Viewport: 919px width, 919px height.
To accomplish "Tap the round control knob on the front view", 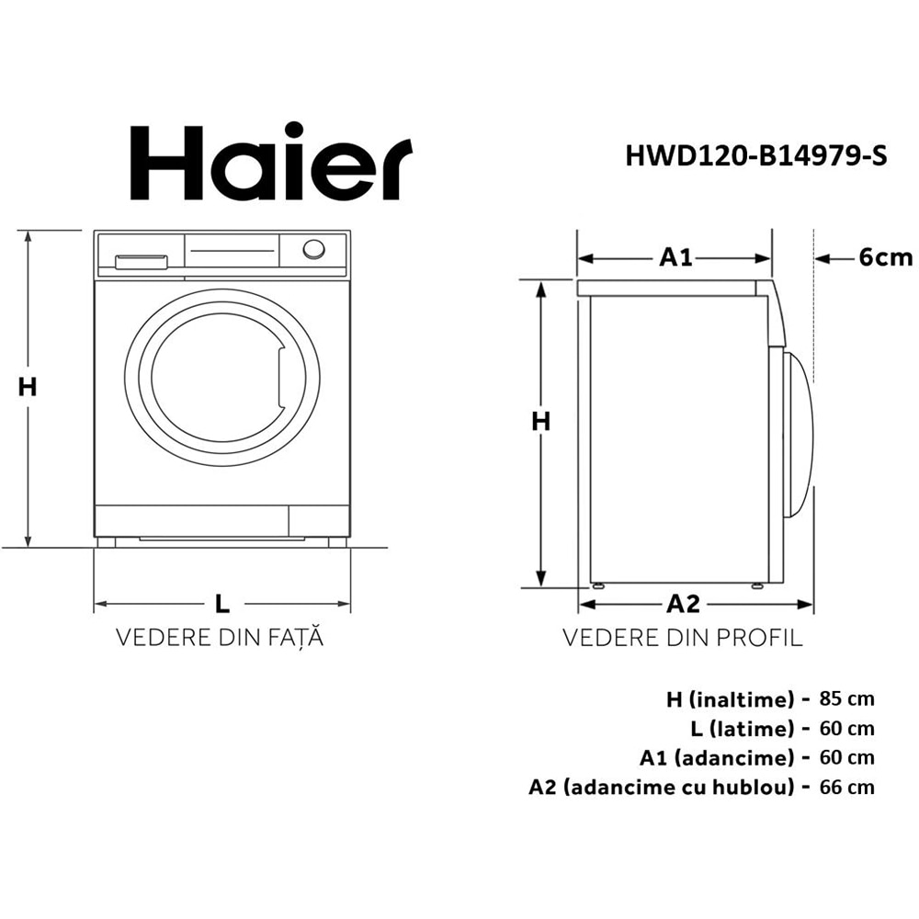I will [x=314, y=249].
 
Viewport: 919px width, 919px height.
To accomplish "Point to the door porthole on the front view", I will [x=221, y=377].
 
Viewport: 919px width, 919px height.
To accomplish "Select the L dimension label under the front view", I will [x=221, y=604].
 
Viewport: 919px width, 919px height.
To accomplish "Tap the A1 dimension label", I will [x=675, y=257].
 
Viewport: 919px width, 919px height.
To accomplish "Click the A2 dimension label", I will [x=683, y=604].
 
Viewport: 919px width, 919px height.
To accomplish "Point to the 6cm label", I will [x=885, y=257].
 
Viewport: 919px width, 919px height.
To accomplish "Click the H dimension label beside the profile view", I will [x=542, y=421].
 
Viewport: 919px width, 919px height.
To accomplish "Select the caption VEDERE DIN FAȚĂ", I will [x=220, y=638].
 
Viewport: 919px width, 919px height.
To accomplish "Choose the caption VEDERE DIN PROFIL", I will [x=682, y=638].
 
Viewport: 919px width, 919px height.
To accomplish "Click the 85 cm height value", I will [x=846, y=698].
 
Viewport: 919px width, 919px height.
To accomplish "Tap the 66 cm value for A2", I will [x=846, y=787].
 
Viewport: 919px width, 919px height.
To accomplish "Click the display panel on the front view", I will [x=232, y=249].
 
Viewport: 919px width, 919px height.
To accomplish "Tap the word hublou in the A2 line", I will [x=759, y=787].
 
